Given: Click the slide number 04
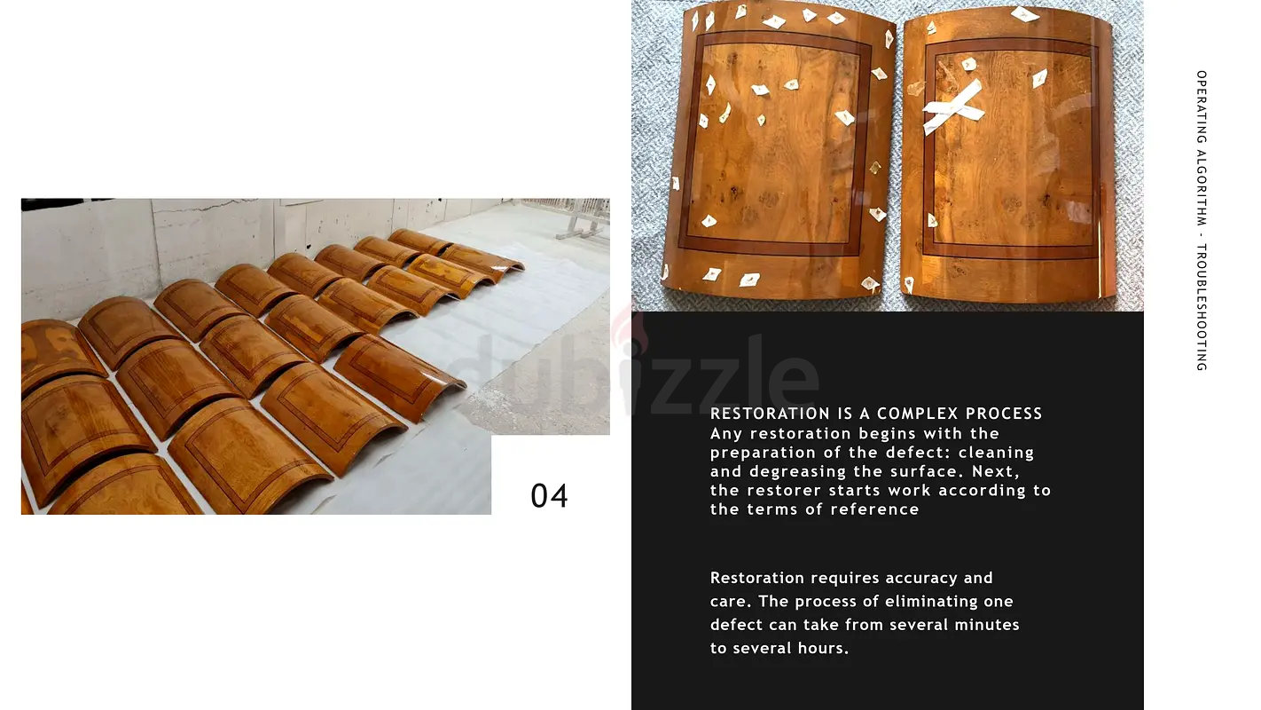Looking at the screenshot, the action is pyautogui.click(x=549, y=496).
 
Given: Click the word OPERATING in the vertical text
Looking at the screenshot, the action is pyautogui.click(x=1202, y=106).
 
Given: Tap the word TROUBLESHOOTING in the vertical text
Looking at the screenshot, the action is pyautogui.click(x=1202, y=307).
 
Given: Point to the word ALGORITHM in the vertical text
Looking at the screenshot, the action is pyautogui.click(x=1202, y=187).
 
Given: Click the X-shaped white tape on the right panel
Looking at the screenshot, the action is pyautogui.click(x=952, y=106).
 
